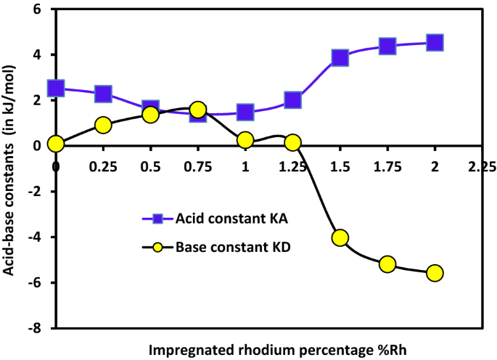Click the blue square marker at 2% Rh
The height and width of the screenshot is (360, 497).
[x=435, y=43]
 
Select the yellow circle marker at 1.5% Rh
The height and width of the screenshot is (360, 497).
[x=340, y=237]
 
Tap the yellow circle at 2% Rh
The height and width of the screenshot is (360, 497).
[x=435, y=273]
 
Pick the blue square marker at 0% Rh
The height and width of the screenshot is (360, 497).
[x=56, y=89]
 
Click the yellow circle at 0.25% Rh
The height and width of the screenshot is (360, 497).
[x=103, y=125]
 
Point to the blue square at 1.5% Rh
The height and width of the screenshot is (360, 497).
[x=340, y=58]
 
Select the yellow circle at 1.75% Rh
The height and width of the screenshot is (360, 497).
[x=387, y=263]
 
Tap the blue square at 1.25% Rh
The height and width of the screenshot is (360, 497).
[x=292, y=100]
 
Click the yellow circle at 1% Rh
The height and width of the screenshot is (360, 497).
[x=245, y=140]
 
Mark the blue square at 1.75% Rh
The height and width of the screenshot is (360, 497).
[x=387, y=46]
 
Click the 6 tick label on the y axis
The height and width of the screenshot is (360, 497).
[x=42, y=9]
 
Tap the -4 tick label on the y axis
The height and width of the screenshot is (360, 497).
[x=39, y=237]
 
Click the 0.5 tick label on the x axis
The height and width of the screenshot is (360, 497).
[x=150, y=166]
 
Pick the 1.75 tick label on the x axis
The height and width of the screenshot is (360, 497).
[x=387, y=166]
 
